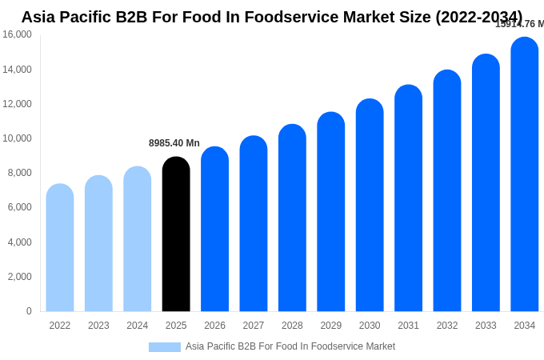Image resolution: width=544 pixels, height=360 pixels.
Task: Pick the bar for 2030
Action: [370, 206]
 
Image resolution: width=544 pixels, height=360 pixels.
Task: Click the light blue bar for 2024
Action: [138, 239]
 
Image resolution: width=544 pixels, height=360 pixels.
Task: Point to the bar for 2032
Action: [447, 191]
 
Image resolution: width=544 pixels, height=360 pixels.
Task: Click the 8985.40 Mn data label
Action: [174, 143]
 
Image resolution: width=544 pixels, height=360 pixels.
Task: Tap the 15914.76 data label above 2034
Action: [519, 24]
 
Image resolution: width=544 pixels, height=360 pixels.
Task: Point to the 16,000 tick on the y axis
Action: [17, 34]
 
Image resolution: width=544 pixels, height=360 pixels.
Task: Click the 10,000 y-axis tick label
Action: [17, 138]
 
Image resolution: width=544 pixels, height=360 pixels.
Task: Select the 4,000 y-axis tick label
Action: [17, 242]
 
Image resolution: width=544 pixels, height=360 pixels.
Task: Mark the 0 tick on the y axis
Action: [29, 311]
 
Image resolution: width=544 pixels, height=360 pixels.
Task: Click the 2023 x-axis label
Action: [98, 326]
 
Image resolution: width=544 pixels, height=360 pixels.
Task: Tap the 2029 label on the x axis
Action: [331, 326]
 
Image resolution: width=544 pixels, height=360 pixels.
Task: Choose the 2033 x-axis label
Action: [486, 326]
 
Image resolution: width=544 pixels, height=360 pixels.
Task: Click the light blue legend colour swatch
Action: [165, 347]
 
